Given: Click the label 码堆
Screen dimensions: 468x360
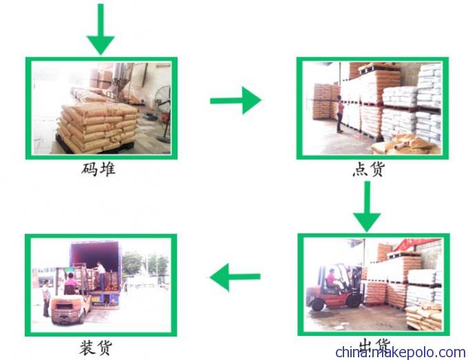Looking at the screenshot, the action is pos(98,169).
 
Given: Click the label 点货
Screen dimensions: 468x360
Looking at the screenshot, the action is pos(369,169).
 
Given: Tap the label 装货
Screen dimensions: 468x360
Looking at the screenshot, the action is pos(96,348).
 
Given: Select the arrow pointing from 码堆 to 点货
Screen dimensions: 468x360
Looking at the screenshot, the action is pos(236,100).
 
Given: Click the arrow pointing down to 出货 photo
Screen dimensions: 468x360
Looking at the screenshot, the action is pos(367,207).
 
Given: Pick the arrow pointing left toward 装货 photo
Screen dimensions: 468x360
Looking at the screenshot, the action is pos(235,277).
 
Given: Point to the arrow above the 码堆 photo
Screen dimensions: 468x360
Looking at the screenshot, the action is pos(100,29).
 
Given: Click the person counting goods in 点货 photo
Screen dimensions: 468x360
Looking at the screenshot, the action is pos(340,114).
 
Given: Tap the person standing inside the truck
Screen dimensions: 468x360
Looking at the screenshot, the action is pos(101,275).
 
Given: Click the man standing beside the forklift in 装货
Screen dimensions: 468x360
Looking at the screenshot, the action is pos(45,298).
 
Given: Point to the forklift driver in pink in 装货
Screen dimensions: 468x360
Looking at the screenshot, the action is pos(71,282).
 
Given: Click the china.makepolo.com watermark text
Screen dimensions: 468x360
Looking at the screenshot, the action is pos(401,352).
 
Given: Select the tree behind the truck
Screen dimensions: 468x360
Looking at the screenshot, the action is pos(131,264).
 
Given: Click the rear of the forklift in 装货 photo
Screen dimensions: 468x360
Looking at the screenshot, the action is pos(68,310).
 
